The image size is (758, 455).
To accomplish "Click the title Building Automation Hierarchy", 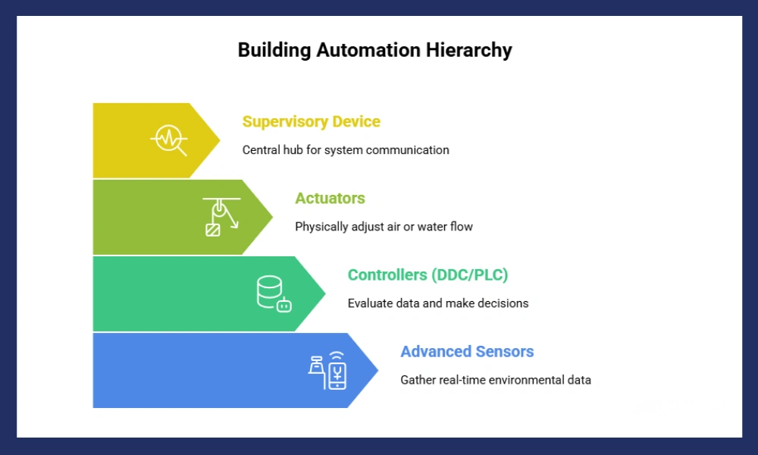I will tap(374, 50).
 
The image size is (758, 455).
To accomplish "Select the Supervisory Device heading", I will tap(311, 121).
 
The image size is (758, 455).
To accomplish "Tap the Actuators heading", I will tap(330, 198).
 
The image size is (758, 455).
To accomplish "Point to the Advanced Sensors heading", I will tap(467, 351).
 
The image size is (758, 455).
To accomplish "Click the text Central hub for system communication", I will tap(346, 150).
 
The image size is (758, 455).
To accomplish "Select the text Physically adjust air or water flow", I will tap(384, 227).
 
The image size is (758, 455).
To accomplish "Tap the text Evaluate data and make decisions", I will tap(437, 303).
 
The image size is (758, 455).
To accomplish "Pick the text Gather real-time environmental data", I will tap(496, 380).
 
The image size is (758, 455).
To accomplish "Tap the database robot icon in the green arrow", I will tap(274, 293).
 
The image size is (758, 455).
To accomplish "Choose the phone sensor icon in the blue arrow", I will tap(327, 370).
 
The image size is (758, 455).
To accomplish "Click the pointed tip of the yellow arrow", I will tap(219, 140).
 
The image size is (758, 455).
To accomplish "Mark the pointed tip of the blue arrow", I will tap(377, 370).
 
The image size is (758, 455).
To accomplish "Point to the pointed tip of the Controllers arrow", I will tap(324, 293).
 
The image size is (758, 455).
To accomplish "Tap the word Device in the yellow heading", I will tap(356, 121).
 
